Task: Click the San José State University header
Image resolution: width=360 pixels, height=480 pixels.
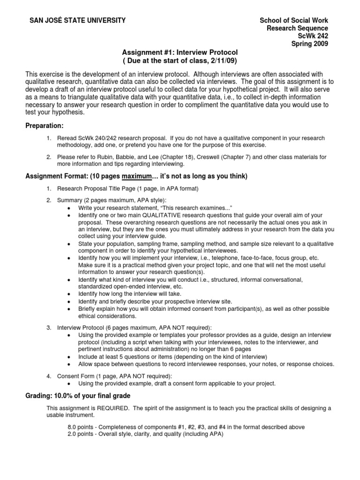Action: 77,20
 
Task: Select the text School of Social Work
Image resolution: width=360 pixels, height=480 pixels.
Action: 294,20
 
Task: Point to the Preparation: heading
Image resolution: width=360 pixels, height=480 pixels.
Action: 45,126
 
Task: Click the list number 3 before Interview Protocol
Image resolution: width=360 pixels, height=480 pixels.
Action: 49,327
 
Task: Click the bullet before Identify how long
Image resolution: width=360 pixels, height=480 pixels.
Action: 69,294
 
